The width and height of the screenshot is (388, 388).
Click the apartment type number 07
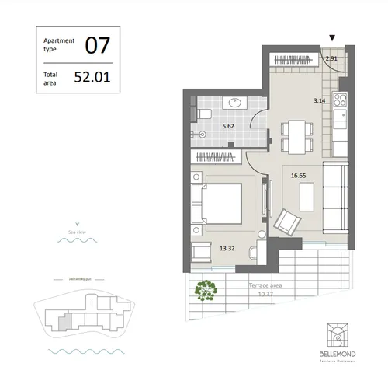(96, 44)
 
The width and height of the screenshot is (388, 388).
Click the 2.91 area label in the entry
(331, 58)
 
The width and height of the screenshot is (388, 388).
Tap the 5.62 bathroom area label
(229, 125)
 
